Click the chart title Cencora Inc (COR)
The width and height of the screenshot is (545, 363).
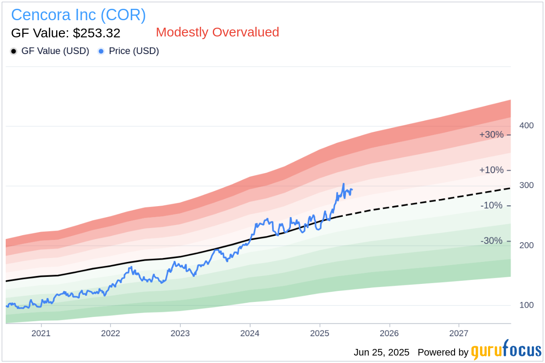(x=78, y=15)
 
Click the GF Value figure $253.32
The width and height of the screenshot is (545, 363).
(x=65, y=33)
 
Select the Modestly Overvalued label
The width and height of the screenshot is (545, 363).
(x=217, y=32)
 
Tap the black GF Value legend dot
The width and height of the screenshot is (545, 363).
(x=14, y=51)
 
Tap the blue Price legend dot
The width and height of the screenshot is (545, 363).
(x=101, y=51)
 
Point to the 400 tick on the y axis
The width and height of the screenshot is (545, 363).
(x=527, y=126)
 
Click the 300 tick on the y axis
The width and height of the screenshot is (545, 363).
(x=527, y=185)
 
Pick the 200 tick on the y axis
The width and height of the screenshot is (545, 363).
(x=527, y=245)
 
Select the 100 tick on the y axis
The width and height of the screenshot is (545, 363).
(x=527, y=305)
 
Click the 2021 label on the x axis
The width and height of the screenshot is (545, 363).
(x=41, y=333)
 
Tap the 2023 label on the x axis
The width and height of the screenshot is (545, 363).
(x=180, y=333)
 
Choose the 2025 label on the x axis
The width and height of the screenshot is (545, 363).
(x=319, y=333)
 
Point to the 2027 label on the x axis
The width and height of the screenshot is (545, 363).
(x=459, y=333)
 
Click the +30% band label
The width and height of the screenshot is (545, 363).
(x=491, y=134)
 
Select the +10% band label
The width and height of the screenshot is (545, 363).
(x=491, y=170)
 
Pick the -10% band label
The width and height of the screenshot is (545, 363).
(x=491, y=206)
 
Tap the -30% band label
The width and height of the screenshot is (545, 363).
(x=491, y=241)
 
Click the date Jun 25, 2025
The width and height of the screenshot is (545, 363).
(x=381, y=352)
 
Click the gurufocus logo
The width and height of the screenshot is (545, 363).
(x=506, y=351)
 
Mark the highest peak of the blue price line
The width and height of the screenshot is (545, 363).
(x=343, y=184)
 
